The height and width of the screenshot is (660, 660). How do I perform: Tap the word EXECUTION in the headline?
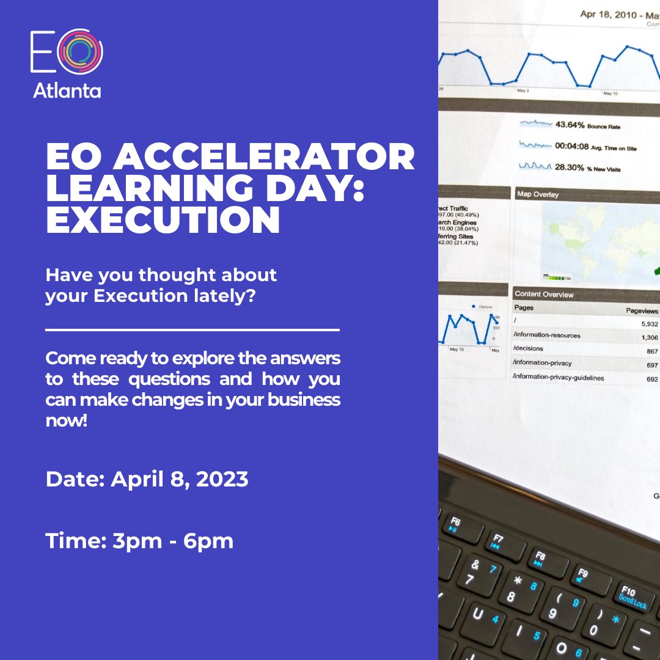[x=163, y=221]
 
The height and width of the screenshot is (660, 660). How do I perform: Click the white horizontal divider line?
[x=193, y=330]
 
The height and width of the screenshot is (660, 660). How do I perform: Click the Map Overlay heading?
[x=538, y=194]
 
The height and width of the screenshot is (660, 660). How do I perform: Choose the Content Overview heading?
[x=544, y=294]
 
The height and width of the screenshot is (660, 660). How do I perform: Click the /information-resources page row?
[x=547, y=335]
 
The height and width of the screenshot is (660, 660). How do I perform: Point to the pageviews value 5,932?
[x=650, y=324]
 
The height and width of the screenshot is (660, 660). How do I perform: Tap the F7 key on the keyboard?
[x=499, y=541]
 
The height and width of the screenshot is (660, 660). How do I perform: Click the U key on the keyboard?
[x=479, y=613]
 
